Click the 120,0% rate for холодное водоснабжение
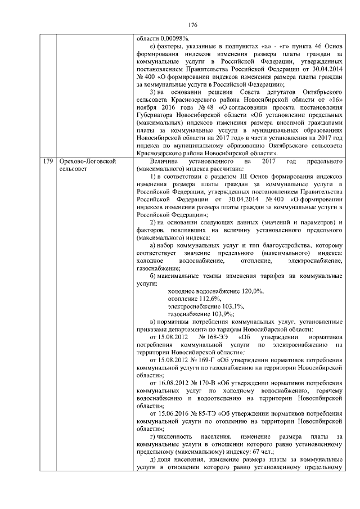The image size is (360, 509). [251, 292]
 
